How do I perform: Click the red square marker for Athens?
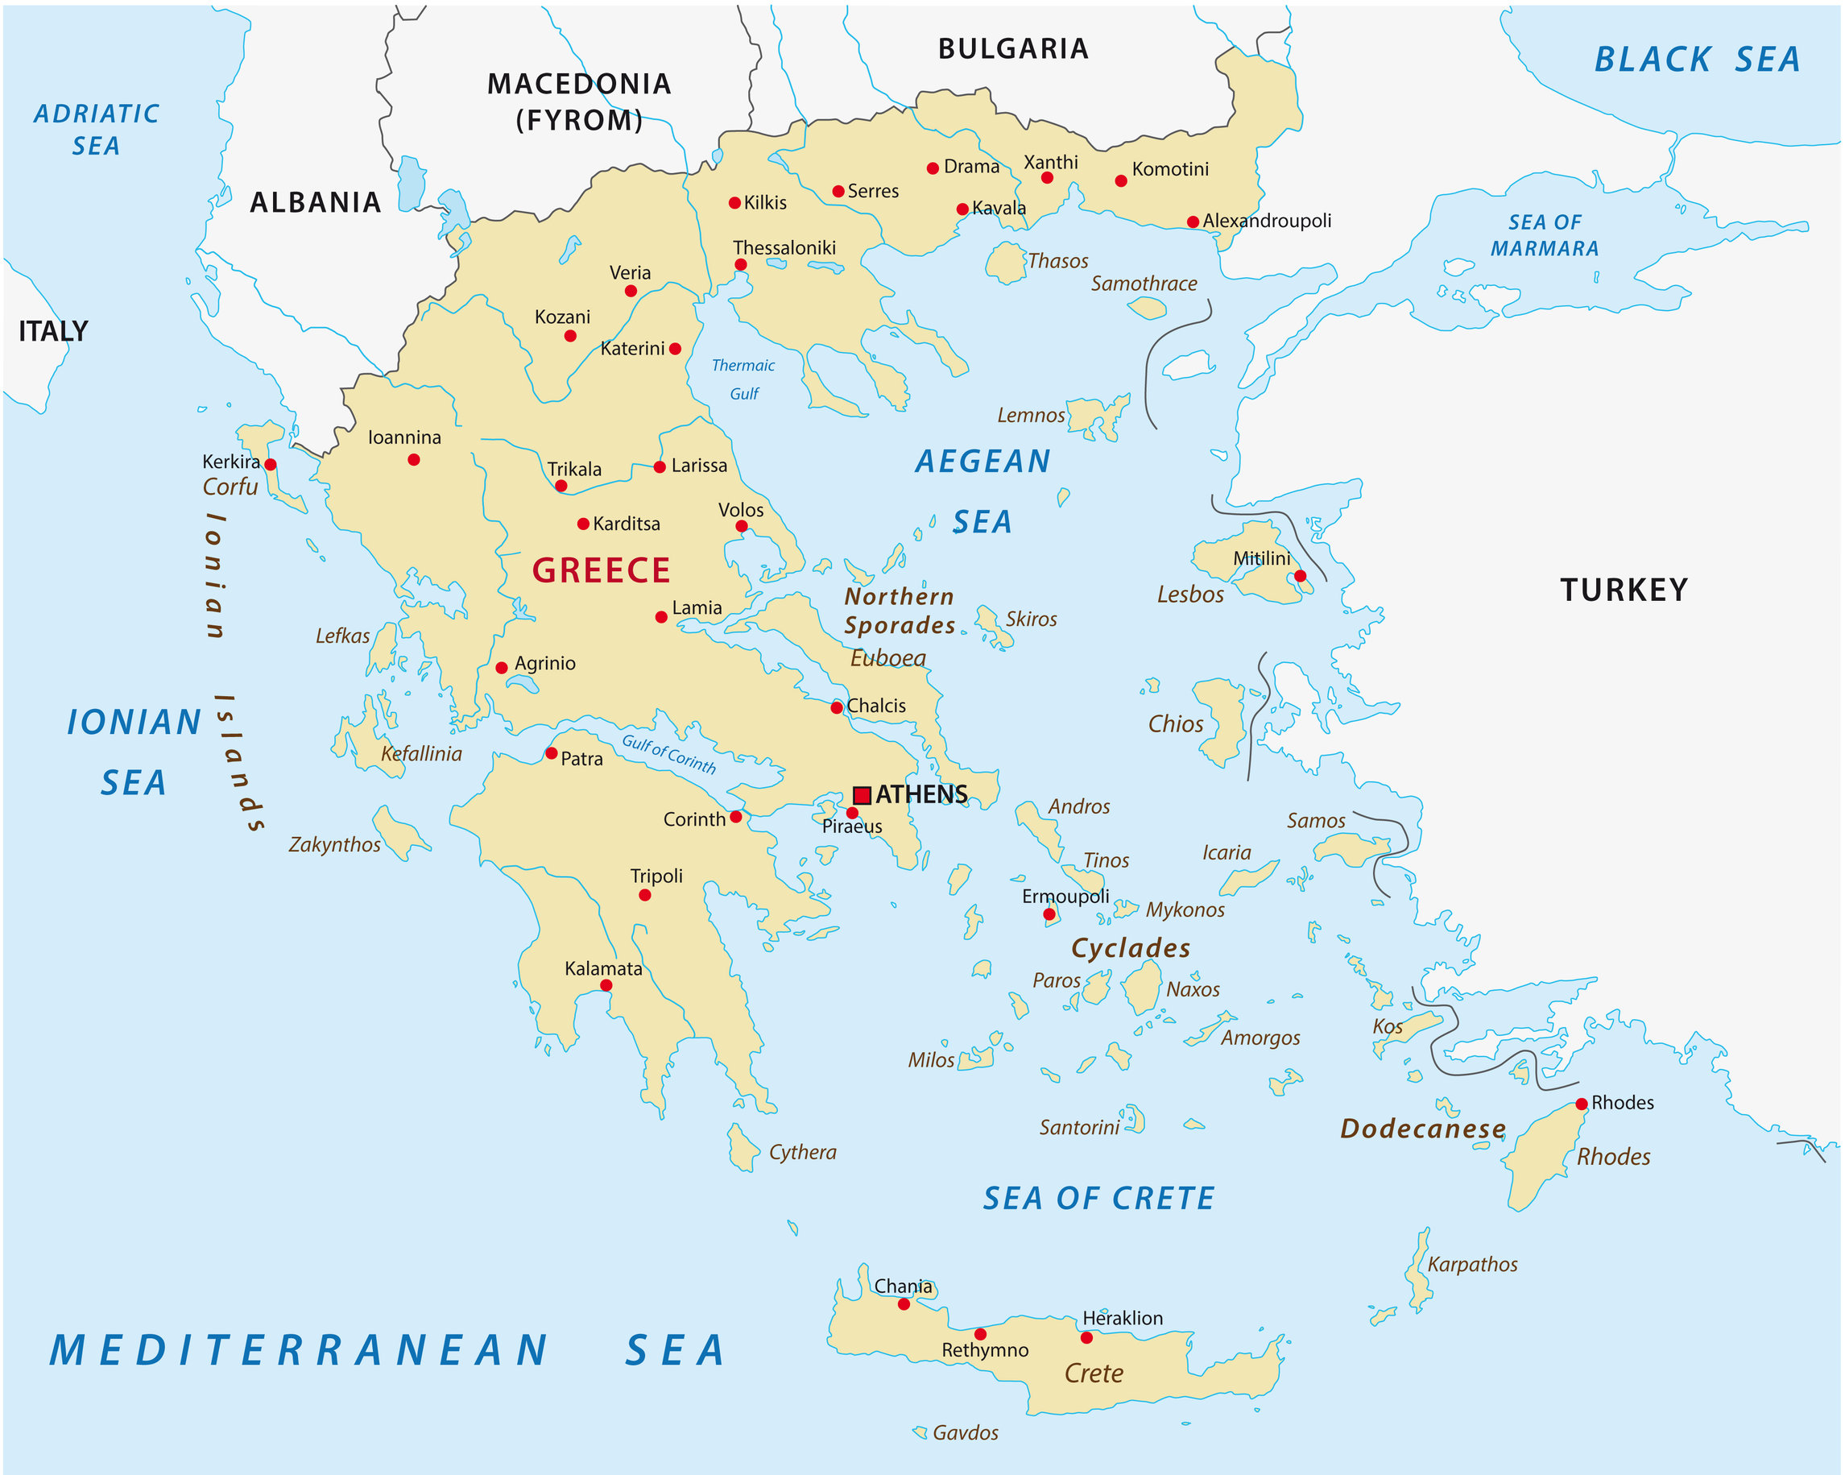[862, 795]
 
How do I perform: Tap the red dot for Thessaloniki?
[741, 264]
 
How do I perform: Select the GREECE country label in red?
[601, 570]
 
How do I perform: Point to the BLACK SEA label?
[1697, 59]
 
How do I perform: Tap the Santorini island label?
[1079, 1128]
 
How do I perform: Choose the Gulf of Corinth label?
[669, 754]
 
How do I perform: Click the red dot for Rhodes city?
[1582, 1104]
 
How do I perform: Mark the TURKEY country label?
[1624, 590]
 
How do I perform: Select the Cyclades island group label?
[1131, 947]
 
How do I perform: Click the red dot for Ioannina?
[413, 460]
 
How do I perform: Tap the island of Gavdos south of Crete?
[920, 1431]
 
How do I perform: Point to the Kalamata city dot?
[606, 985]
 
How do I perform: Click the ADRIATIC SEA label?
[96, 129]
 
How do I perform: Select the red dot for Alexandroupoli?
[1193, 222]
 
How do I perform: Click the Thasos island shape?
[1006, 263]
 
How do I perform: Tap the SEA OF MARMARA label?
[1545, 235]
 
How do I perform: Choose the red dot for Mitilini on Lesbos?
[1300, 576]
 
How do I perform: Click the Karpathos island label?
[1472, 1265]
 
